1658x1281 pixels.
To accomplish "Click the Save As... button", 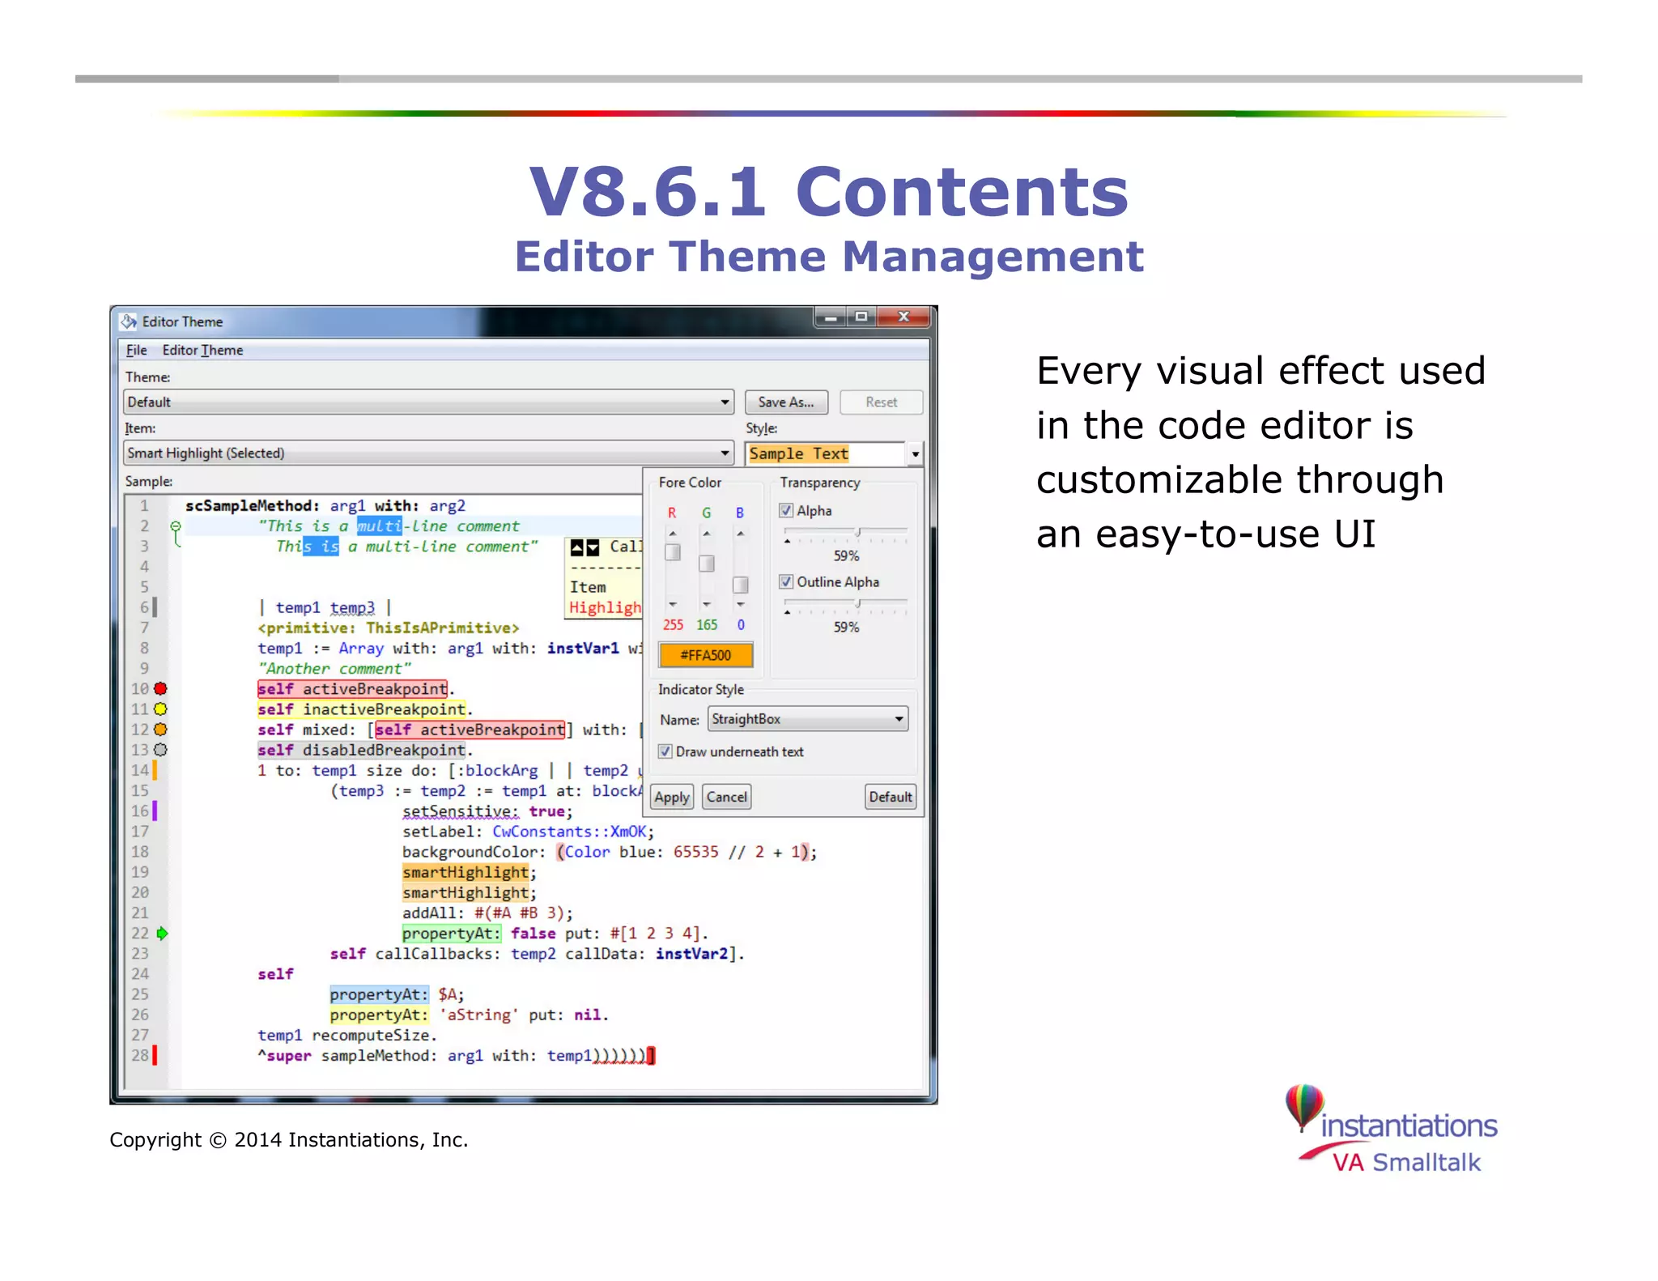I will (785, 402).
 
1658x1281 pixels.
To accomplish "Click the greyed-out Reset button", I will (881, 402).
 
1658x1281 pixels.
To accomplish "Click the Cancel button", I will (726, 797).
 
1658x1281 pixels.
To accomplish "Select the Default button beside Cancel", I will (890, 797).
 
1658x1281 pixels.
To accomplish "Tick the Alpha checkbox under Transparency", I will (786, 511).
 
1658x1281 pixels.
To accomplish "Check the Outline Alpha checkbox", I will (786, 582).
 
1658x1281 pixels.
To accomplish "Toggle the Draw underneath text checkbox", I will (665, 751).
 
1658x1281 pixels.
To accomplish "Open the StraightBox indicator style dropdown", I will (898, 719).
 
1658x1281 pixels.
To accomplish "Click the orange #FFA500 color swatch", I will (705, 655).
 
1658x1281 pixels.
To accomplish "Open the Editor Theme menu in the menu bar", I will (202, 350).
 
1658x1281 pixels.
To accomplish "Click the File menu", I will (136, 350).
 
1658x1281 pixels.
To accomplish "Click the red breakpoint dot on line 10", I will (161, 689).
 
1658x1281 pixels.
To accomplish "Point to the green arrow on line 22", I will (162, 934).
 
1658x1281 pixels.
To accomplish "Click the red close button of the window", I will (903, 317).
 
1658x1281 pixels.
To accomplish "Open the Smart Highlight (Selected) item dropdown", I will (725, 453).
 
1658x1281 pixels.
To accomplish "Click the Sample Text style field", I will (824, 454).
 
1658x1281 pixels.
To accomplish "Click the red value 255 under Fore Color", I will (673, 625).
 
